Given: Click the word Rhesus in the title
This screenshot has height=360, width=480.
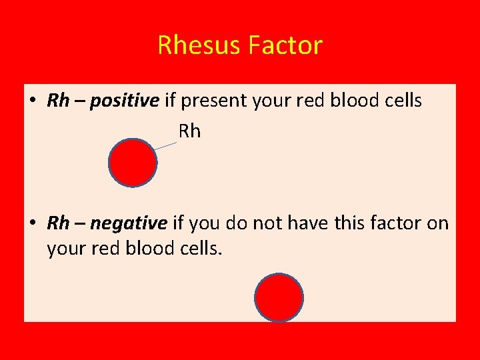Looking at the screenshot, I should coord(199,45).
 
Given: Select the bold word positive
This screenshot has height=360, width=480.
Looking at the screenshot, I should coord(125,101).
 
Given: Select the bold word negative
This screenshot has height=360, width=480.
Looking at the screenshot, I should coord(128,223).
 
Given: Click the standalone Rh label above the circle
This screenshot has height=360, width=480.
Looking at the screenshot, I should coord(189,131).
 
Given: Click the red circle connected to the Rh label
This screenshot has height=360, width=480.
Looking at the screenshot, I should coord(133,163).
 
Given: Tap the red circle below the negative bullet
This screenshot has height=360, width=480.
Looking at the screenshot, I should coord(279,297).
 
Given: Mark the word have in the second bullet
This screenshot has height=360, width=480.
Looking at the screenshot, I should coord(305,223).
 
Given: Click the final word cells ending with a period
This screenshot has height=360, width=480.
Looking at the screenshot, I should coord(201,249).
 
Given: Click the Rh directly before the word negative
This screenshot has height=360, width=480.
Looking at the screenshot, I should coord(58,223).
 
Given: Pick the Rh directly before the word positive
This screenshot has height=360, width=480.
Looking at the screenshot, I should coord(58,101).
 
